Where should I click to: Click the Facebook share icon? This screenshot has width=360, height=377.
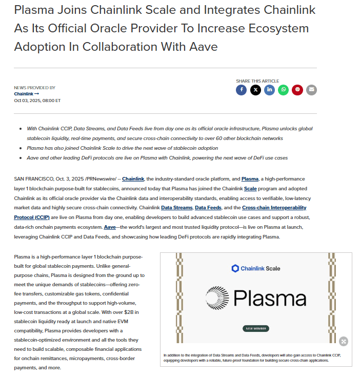(241, 90)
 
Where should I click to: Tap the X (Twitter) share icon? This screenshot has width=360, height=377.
(255, 90)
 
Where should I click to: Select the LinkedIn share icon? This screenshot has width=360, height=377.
(269, 90)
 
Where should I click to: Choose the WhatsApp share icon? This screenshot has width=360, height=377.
(283, 90)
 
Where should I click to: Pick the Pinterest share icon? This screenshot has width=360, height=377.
(297, 90)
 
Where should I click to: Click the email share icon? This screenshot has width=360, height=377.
(311, 90)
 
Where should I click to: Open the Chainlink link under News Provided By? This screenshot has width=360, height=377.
(26, 94)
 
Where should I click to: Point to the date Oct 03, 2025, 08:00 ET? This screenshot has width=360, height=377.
(37, 101)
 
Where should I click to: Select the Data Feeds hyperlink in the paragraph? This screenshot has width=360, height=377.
(208, 208)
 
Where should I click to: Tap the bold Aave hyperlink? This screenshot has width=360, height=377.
(110, 227)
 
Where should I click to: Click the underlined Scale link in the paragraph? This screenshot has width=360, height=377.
(250, 188)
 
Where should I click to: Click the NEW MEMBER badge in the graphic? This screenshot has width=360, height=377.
(256, 328)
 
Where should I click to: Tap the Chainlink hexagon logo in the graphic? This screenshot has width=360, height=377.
(235, 268)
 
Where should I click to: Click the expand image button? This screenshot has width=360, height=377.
(343, 341)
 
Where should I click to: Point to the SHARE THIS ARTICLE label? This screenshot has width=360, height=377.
(257, 81)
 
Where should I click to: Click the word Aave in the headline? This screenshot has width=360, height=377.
(200, 47)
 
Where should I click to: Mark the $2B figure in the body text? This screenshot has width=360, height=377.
(135, 312)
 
